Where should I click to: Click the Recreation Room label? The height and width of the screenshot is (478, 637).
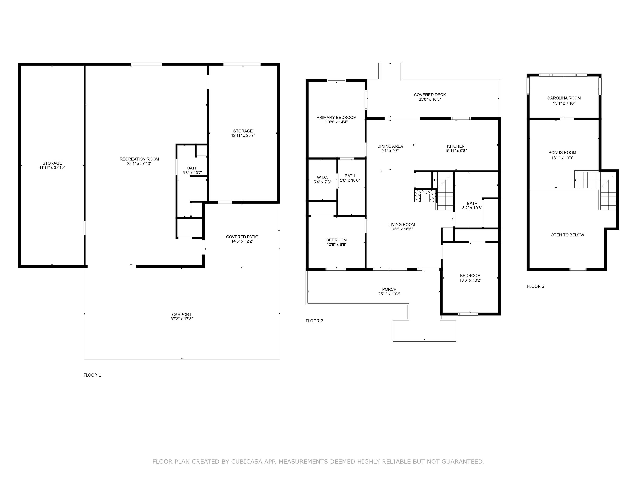coord(139,159)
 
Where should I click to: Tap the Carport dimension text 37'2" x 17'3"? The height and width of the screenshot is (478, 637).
coord(181,319)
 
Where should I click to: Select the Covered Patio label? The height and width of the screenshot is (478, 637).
coord(242,237)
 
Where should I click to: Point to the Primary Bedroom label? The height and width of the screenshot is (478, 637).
coord(336,118)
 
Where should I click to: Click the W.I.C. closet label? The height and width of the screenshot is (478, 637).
coord(322,177)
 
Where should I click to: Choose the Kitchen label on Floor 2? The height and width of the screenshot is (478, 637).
coord(456,146)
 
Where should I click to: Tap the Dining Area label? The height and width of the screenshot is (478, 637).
coord(390,146)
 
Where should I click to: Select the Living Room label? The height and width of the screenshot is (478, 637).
coord(402,225)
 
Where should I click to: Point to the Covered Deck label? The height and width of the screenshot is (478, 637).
coord(430,95)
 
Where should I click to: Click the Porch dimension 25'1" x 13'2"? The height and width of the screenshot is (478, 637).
coord(389,294)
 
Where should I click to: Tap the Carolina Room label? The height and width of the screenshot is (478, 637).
coord(564,98)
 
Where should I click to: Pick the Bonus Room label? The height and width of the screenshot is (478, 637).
coord(562,153)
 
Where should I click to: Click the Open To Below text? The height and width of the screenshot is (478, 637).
coord(567,235)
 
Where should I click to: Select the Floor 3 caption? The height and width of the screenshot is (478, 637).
coord(536,286)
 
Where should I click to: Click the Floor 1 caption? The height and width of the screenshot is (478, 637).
coord(92,375)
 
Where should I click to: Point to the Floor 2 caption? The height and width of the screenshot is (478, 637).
coord(315,321)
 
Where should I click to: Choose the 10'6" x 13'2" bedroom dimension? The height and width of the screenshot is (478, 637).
coord(470,280)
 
